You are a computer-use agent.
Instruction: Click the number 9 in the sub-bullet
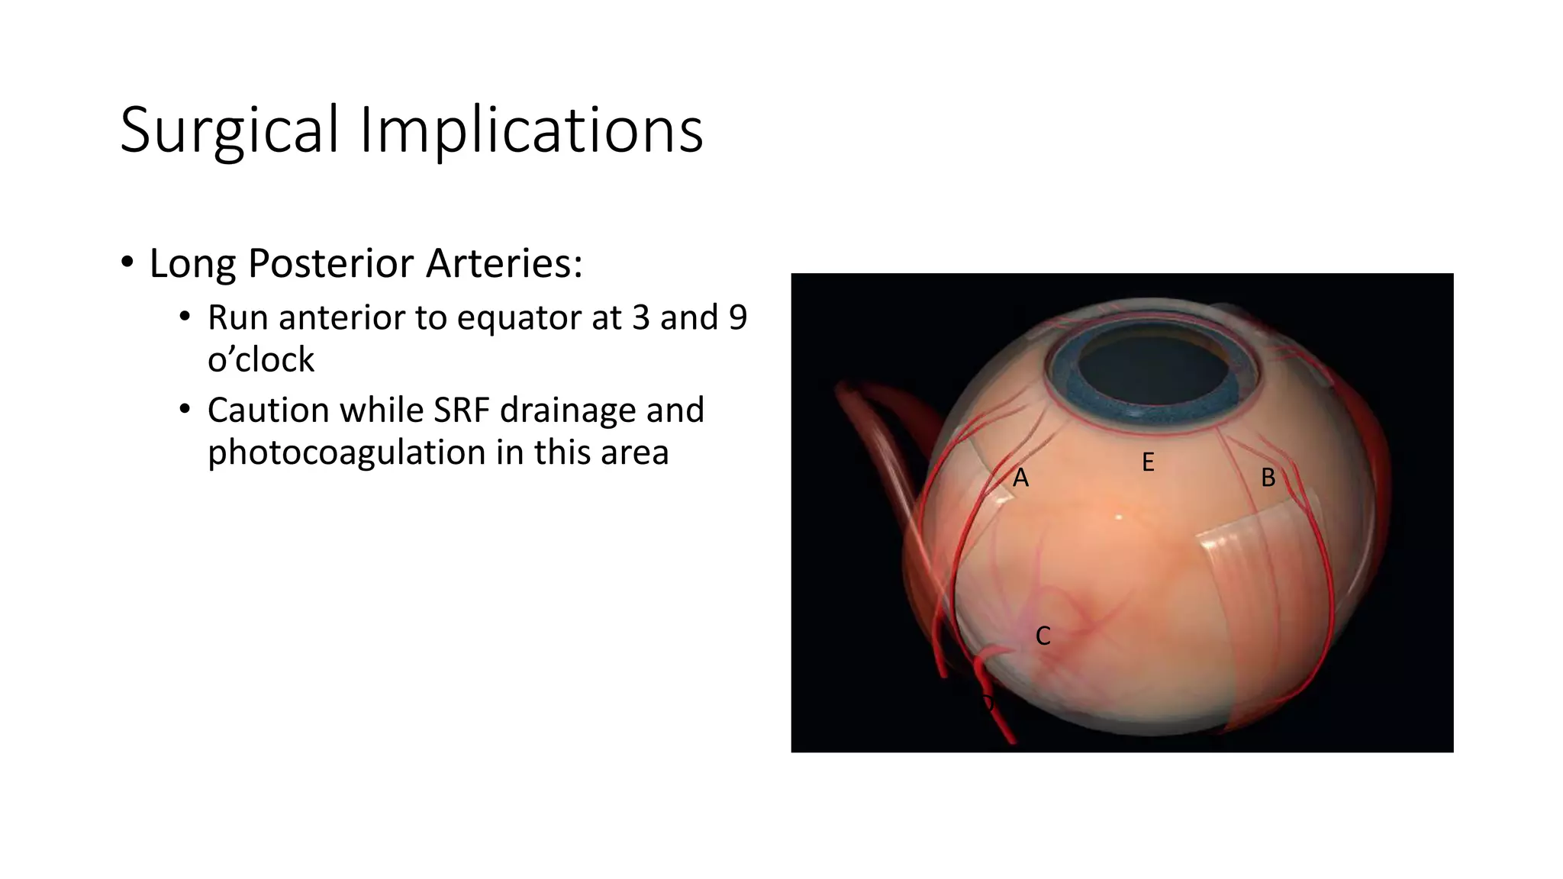click(737, 317)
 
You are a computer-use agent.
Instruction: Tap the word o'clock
click(260, 359)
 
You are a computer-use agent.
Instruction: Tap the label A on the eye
click(1020, 478)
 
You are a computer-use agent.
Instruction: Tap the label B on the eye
click(1268, 478)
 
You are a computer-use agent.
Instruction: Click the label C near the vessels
click(1043, 636)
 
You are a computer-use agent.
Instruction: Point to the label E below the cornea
click(1148, 462)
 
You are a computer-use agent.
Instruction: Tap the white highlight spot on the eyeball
click(1120, 518)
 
